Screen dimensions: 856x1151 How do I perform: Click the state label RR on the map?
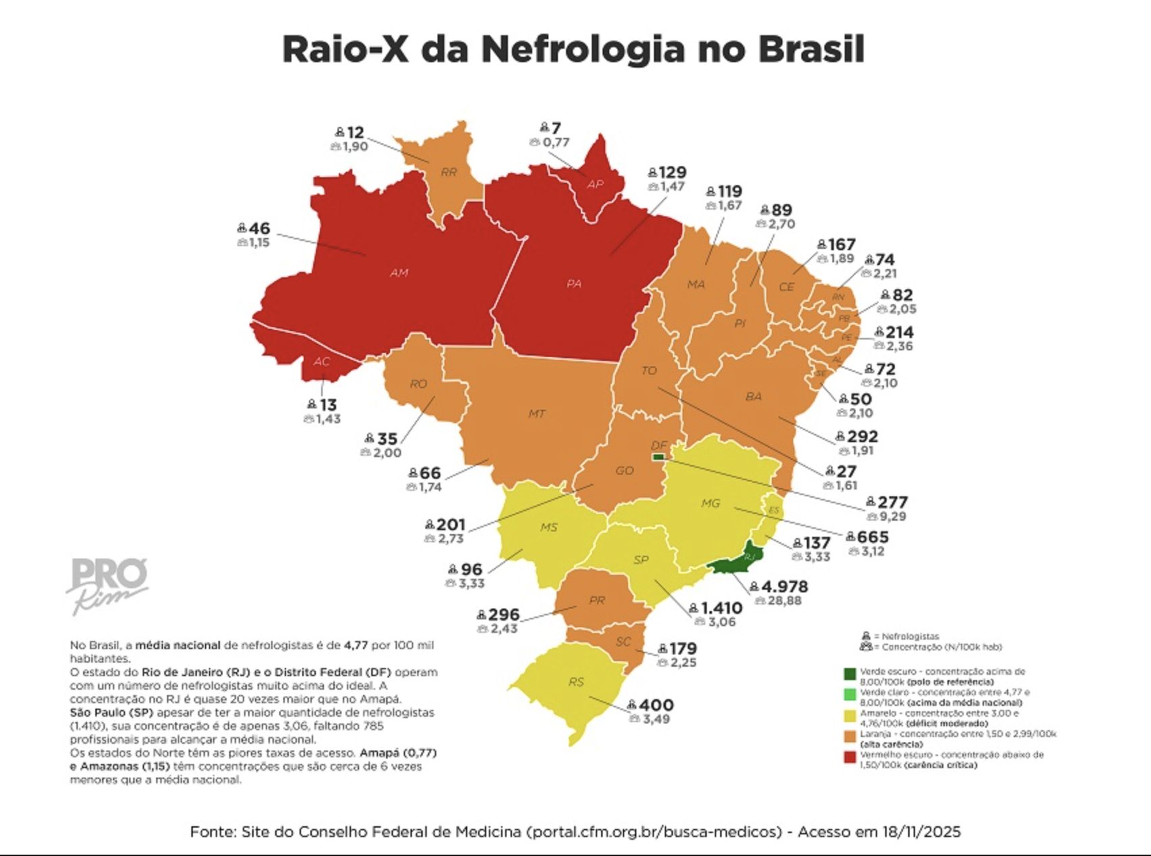(448, 172)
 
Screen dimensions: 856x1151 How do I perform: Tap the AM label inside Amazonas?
(399, 273)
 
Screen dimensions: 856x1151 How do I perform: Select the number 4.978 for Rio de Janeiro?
(784, 586)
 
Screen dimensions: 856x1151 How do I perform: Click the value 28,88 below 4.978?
(784, 600)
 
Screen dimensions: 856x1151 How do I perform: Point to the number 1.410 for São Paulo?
(721, 608)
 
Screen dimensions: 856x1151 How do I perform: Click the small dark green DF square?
(658, 458)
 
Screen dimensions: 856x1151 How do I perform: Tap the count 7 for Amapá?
(556, 128)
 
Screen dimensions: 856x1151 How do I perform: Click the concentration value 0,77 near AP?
(556, 143)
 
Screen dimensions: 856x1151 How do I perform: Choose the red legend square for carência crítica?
(850, 757)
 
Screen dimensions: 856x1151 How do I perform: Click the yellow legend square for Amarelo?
(850, 715)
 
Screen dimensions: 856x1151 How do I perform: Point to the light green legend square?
(850, 694)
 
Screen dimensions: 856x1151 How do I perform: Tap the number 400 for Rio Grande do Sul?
(655, 705)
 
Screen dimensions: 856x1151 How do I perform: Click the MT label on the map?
(536, 413)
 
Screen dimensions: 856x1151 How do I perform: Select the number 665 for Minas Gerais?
(872, 537)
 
